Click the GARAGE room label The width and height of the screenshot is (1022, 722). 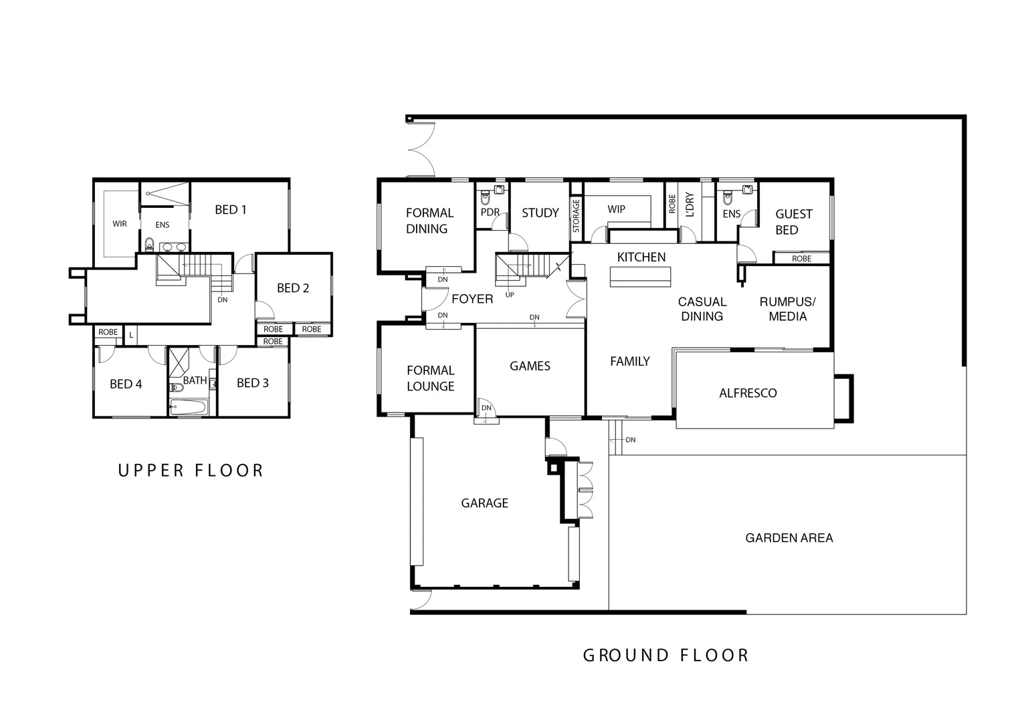coord(484,503)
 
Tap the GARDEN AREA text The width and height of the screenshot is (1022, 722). coord(789,537)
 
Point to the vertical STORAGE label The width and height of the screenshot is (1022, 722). coord(576,215)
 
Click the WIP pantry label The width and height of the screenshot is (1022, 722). coord(616,209)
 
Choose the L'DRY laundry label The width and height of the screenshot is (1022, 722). coord(690,205)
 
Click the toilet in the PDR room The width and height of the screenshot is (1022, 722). coord(485,199)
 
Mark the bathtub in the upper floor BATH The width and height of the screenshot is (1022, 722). coord(189,406)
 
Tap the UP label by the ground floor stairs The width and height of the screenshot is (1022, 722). coord(510,295)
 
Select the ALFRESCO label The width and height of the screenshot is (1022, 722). coord(748,393)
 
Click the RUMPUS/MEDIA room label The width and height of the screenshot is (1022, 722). coord(787,309)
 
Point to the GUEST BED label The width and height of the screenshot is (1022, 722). coord(793,222)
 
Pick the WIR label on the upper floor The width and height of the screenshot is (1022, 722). coord(120,224)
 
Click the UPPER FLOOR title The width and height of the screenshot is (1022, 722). coord(191,471)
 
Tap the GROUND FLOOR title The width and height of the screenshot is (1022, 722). coord(666,655)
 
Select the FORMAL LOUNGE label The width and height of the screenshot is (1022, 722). coord(430,378)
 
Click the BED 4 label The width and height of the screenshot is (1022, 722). coord(126,384)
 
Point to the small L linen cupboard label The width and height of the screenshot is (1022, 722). coord(131,334)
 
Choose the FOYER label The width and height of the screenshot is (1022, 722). coord(472,299)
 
